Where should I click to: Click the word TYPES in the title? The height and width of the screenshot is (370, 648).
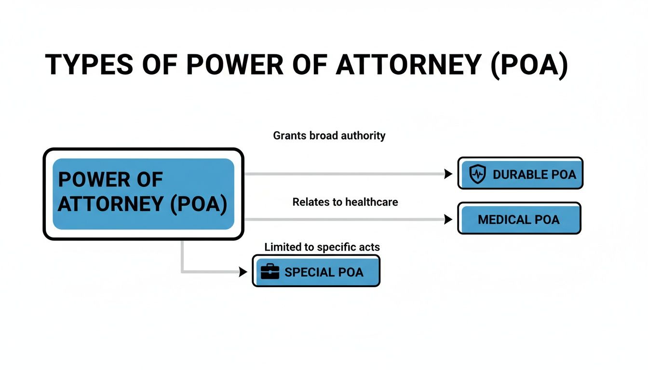(x=88, y=65)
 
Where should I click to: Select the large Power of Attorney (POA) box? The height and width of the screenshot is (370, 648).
(x=143, y=194)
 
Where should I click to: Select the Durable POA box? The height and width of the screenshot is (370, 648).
(x=520, y=173)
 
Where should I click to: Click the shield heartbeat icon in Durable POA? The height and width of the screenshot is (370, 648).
(x=477, y=174)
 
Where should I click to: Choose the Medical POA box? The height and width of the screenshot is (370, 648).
(x=519, y=219)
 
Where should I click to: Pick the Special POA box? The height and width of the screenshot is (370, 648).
(x=316, y=271)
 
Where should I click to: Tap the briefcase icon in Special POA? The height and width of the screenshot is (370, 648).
(x=270, y=272)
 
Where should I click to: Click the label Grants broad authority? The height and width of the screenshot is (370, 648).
(x=329, y=136)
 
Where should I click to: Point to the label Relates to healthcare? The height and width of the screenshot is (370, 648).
(x=345, y=202)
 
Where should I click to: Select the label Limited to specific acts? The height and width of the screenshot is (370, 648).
(x=322, y=248)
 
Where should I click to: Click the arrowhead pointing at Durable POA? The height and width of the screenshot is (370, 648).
(x=448, y=174)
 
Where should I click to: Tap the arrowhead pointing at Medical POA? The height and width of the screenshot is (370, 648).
(x=448, y=220)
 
